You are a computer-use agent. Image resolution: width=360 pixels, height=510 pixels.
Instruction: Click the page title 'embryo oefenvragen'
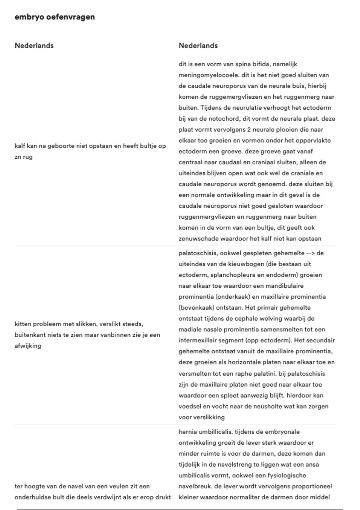pyautogui.click(x=55, y=17)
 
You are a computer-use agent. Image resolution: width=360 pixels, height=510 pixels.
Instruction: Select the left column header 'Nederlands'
pyautogui.click(x=34, y=46)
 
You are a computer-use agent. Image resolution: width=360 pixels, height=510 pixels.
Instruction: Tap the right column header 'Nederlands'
pyautogui.click(x=198, y=46)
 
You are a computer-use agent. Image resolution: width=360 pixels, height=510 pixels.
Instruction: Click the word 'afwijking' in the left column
pyautogui.click(x=28, y=346)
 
